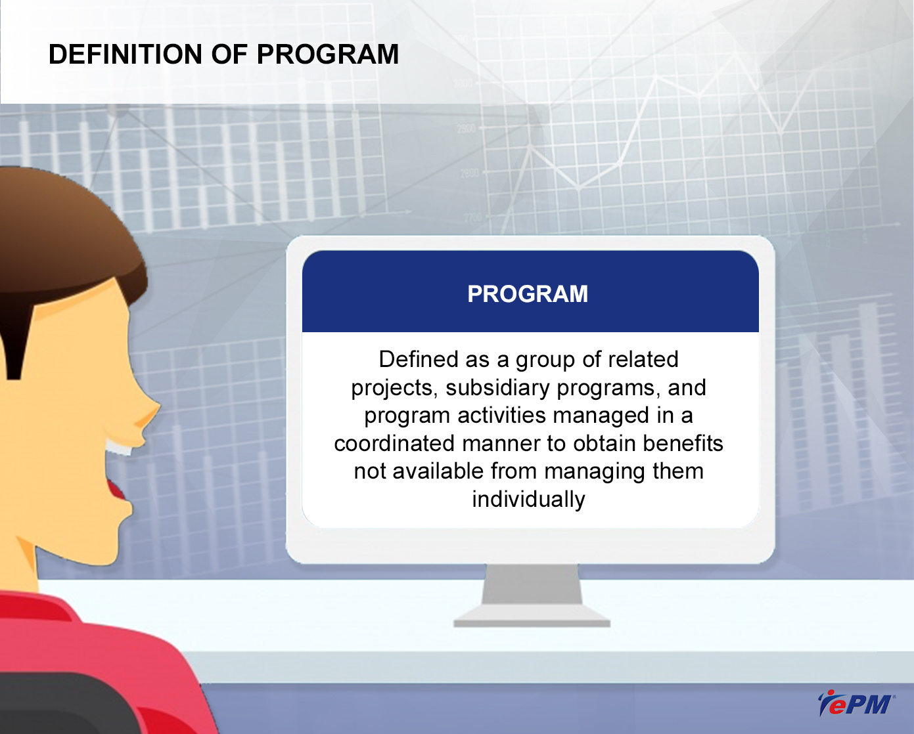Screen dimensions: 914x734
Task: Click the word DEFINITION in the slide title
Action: click(x=126, y=54)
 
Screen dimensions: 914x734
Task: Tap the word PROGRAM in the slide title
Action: click(x=327, y=54)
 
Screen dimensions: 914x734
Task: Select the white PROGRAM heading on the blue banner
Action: click(x=528, y=293)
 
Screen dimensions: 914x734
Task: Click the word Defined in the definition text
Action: click(x=418, y=359)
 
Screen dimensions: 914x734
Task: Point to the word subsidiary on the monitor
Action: click(x=497, y=388)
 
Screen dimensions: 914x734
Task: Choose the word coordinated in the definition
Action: click(x=394, y=443)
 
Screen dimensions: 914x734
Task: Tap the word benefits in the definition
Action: click(x=683, y=443)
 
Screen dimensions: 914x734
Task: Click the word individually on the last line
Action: click(x=529, y=499)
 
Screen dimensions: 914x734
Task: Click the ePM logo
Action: click(x=856, y=703)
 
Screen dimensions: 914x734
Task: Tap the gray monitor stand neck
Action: click(x=532, y=584)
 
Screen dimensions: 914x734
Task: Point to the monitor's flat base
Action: click(x=532, y=616)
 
